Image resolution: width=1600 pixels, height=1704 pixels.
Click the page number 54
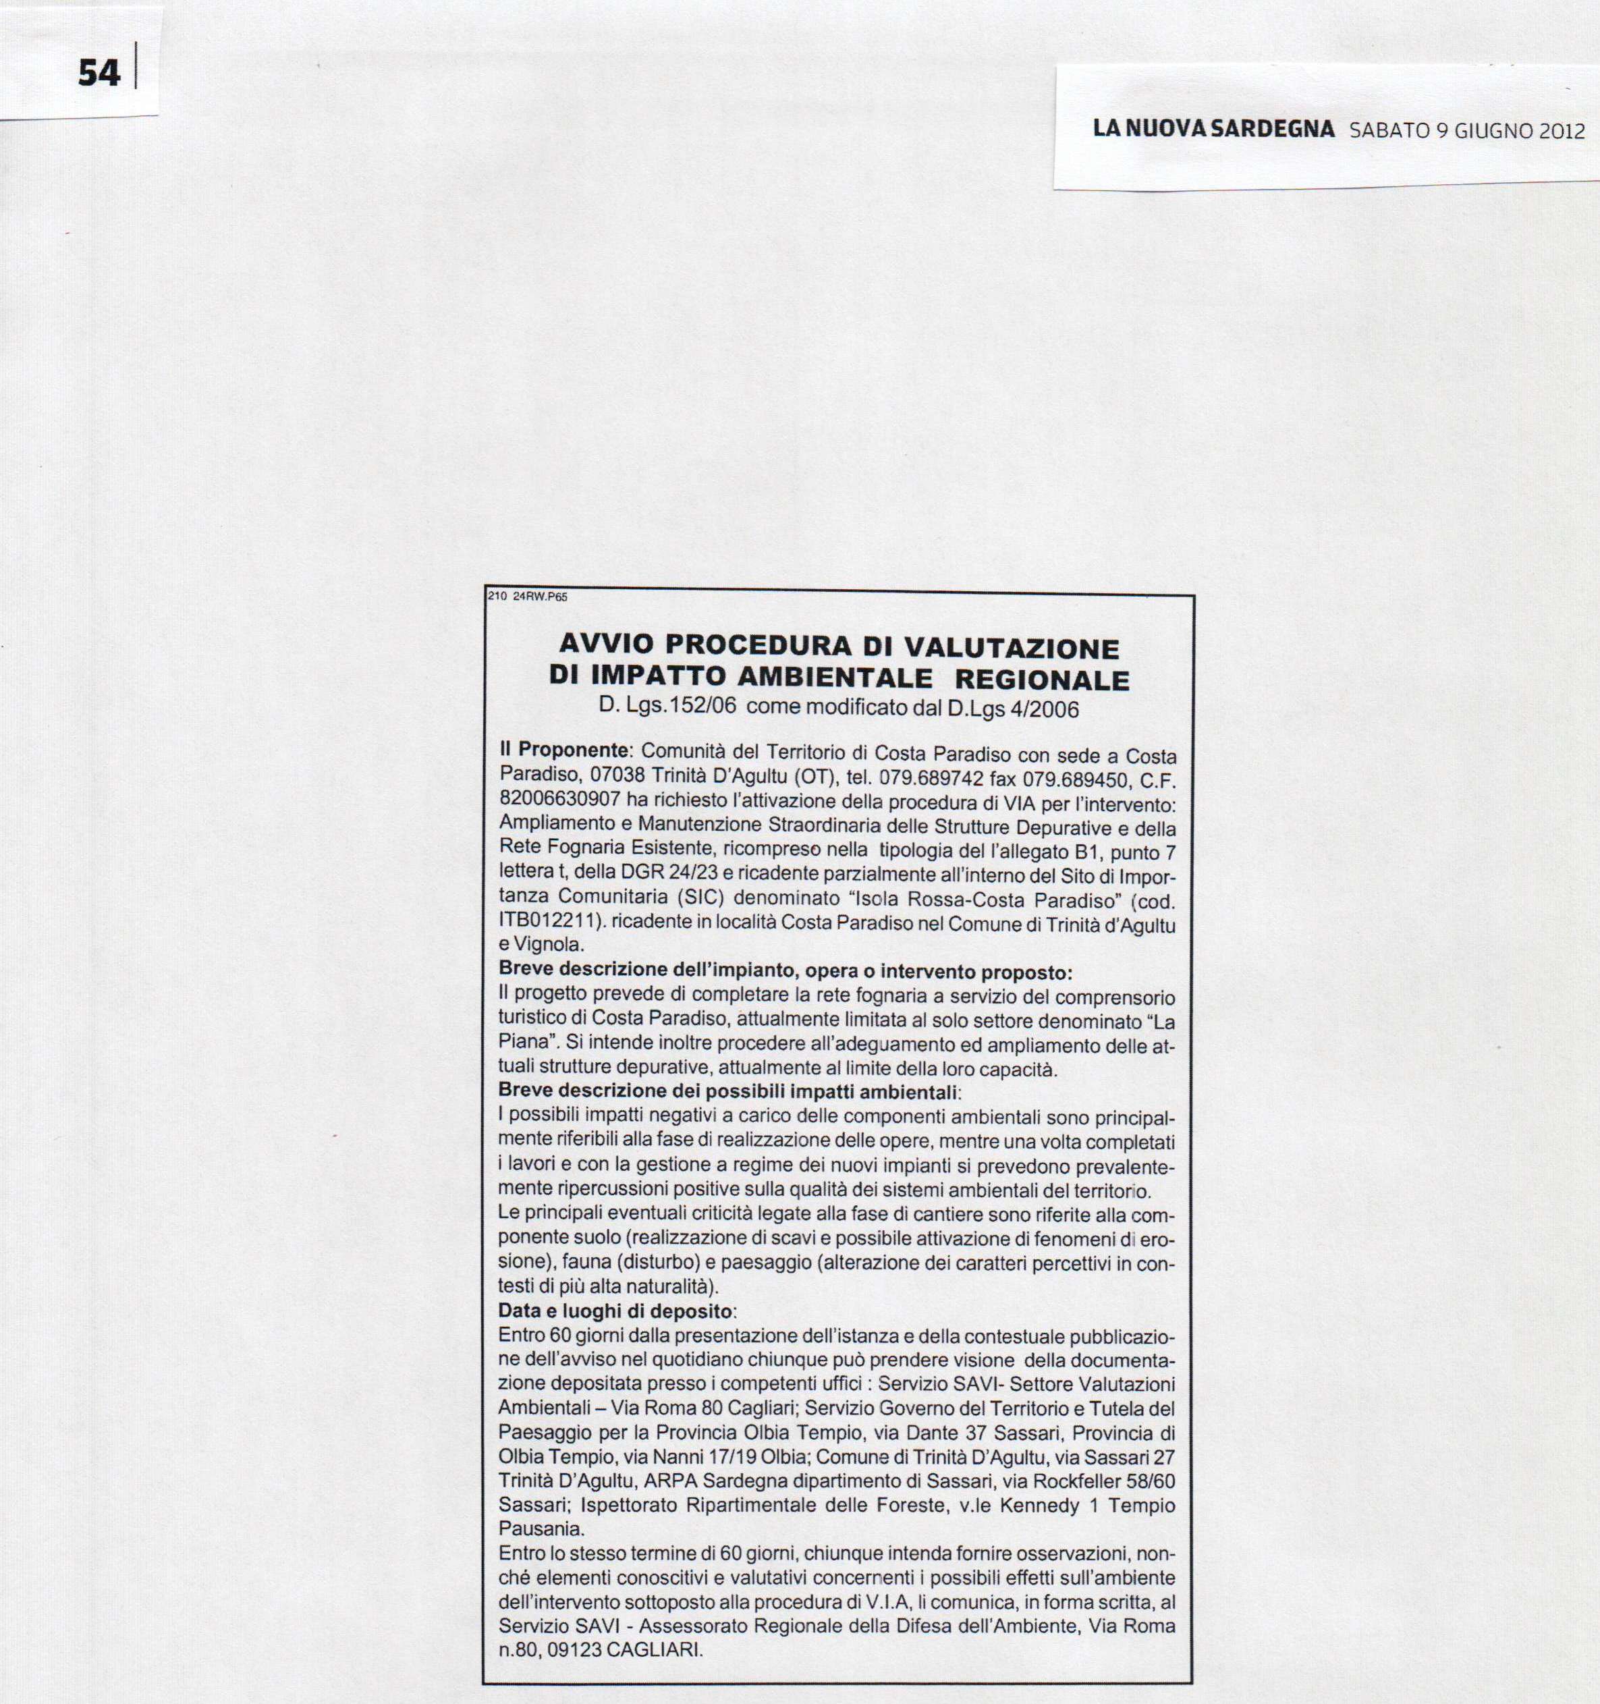99,73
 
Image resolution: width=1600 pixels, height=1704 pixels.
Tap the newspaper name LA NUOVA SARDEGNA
1213,130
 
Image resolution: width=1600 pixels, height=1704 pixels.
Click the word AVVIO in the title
607,645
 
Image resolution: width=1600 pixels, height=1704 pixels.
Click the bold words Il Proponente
564,750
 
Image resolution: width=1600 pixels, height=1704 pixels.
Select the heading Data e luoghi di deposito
615,1311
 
